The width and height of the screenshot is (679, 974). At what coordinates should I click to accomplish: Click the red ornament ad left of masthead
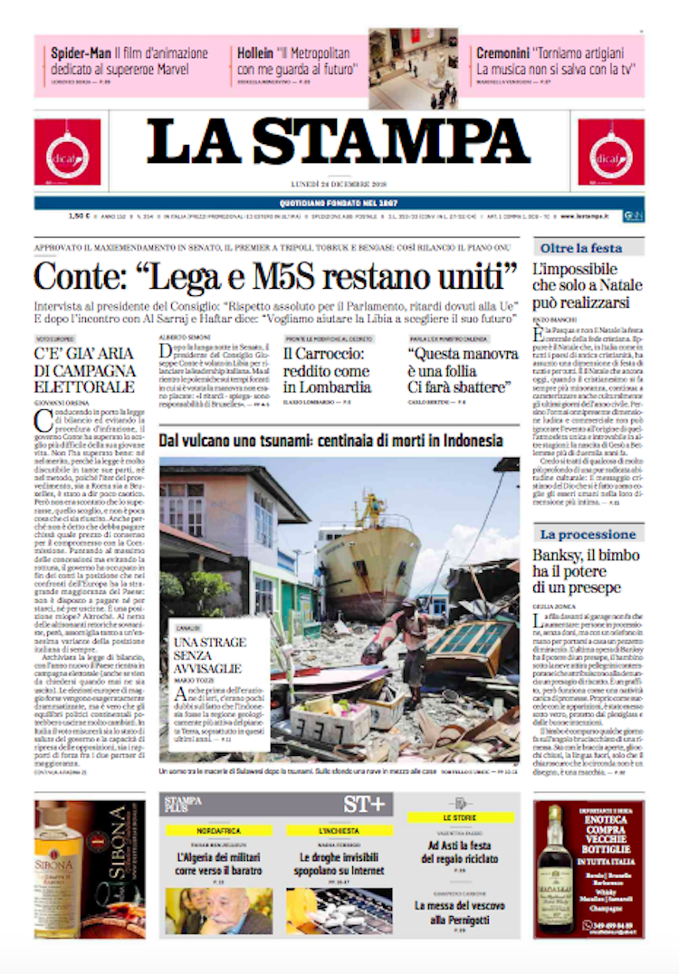[68, 152]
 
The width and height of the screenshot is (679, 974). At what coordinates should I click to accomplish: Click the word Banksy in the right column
[558, 555]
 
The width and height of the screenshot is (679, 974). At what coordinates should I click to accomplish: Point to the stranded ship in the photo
[367, 552]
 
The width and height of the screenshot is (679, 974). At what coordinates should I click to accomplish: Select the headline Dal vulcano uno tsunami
[330, 441]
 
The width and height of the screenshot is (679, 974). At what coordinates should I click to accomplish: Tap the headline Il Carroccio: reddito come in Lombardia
[326, 370]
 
